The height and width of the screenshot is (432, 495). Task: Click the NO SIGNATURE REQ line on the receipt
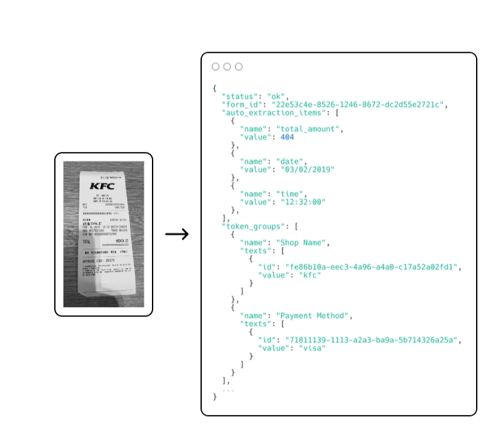[x=105, y=252]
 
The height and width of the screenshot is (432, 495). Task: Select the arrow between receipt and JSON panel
[x=177, y=235]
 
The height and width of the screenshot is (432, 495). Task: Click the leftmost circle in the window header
[x=216, y=66]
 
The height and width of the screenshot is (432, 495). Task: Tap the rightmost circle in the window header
[x=238, y=66]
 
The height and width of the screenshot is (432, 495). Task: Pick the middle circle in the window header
[x=227, y=66]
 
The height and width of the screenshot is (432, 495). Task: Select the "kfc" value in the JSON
[x=310, y=274]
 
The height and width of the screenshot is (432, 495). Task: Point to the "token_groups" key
[x=252, y=225]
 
